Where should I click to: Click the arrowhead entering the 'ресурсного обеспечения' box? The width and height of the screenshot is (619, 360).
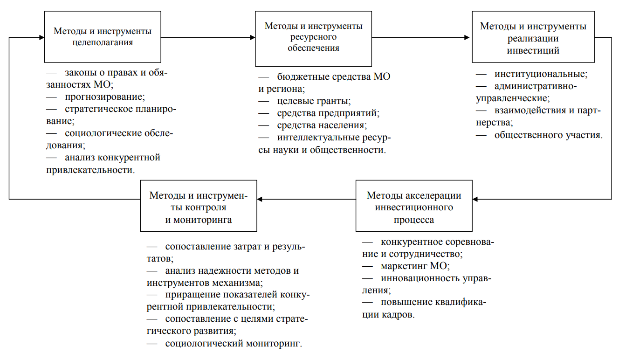click(253, 37)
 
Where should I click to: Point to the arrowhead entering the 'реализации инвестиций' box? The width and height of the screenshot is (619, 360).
click(467, 37)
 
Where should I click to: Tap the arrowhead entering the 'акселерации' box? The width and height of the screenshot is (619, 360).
click(475, 199)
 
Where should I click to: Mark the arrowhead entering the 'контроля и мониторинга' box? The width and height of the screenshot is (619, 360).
click(260, 199)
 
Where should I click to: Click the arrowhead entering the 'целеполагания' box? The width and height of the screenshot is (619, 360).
click(42, 37)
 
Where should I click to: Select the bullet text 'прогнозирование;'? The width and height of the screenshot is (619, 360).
click(105, 97)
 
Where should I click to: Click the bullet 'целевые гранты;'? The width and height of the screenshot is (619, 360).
click(314, 101)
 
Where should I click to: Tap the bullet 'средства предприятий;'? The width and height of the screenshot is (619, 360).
click(328, 113)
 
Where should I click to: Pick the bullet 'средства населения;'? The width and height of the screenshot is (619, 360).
click(322, 125)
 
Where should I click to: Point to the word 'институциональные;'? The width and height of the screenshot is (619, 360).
click(541, 74)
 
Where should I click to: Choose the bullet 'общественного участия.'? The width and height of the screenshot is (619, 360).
click(549, 135)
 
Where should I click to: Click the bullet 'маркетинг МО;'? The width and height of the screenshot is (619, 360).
click(415, 266)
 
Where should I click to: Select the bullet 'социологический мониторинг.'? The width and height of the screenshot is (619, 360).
click(234, 343)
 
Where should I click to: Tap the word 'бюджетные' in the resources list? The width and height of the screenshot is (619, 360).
click(303, 76)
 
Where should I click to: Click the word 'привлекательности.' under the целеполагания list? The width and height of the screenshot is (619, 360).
click(90, 170)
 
